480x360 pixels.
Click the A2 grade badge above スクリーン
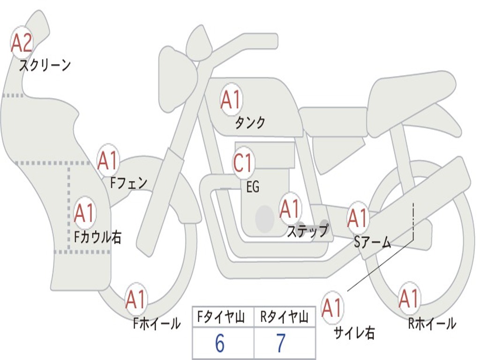pos(22,43)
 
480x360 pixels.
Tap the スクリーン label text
pos(45,65)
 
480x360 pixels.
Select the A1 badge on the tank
pos(231,100)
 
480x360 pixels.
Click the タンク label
pos(250,123)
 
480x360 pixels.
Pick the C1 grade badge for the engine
pos(243,164)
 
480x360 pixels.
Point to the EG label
pos(253,187)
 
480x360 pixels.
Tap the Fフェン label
pos(128,183)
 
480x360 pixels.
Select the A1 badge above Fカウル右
pos(85,214)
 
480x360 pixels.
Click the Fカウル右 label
pos(98,237)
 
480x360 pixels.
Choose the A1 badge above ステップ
pos(290,209)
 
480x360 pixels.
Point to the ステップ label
pos(307,232)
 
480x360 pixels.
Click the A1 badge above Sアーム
pos(358,217)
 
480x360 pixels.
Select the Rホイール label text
pos(432,323)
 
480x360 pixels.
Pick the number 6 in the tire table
pos(219,344)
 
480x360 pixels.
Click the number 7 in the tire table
pos(280,344)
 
